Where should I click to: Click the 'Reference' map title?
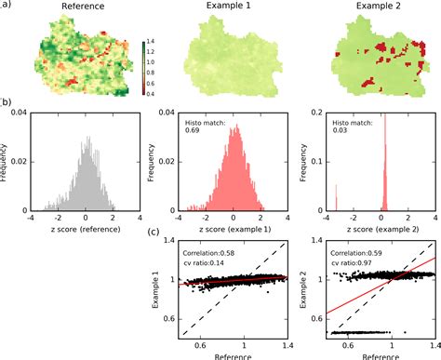click(83, 7)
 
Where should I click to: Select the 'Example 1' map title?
click(227, 7)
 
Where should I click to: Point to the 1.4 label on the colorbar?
click(154, 43)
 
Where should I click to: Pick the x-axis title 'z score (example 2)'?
click(376, 226)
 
